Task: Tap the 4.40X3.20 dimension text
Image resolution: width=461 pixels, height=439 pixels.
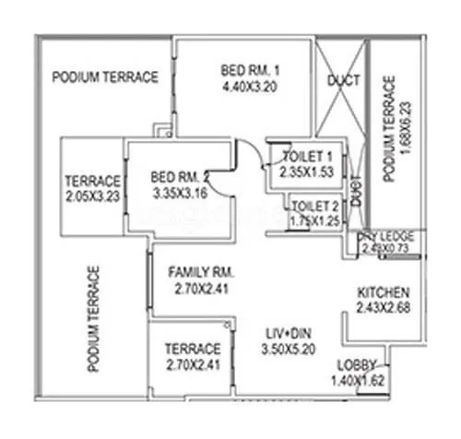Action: pyautogui.click(x=250, y=89)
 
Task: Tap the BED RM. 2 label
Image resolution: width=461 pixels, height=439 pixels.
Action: pyautogui.click(x=182, y=177)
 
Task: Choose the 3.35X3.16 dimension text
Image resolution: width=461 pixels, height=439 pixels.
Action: pyautogui.click(x=182, y=194)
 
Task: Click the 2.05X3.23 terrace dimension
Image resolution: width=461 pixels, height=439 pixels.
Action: pyautogui.click(x=92, y=196)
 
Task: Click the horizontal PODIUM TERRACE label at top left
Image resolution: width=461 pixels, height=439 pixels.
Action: pyautogui.click(x=105, y=77)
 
